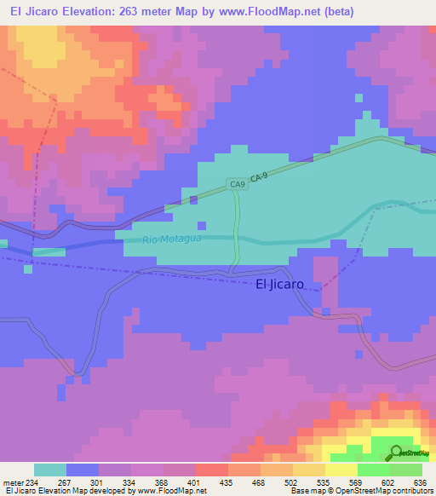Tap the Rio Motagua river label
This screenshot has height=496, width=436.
click(x=174, y=240)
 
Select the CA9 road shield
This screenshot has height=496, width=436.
click(x=237, y=183)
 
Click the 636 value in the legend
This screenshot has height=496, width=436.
click(x=421, y=482)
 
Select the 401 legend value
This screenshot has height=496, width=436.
click(x=195, y=482)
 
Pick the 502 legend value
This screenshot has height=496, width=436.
click(x=291, y=482)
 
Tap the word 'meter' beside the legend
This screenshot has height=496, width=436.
click(x=9, y=482)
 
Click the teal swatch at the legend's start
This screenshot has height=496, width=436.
click(x=49, y=470)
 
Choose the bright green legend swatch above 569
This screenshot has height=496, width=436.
click(x=373, y=470)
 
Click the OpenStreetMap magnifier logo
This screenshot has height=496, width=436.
click(x=396, y=453)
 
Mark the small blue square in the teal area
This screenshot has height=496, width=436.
click(x=201, y=226)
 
